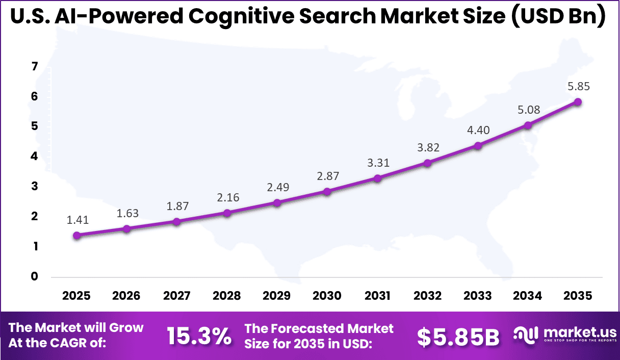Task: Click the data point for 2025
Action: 76,235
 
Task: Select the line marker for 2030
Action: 327,191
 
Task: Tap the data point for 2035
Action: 578,101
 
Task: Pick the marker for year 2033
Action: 478,145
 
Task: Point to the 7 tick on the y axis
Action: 34,66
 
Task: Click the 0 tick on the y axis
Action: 34,276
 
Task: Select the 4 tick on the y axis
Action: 34,157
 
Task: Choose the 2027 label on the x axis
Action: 176,296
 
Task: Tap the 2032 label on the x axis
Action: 427,296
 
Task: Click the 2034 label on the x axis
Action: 528,296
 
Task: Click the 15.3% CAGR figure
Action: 199,336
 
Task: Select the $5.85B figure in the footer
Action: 458,337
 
